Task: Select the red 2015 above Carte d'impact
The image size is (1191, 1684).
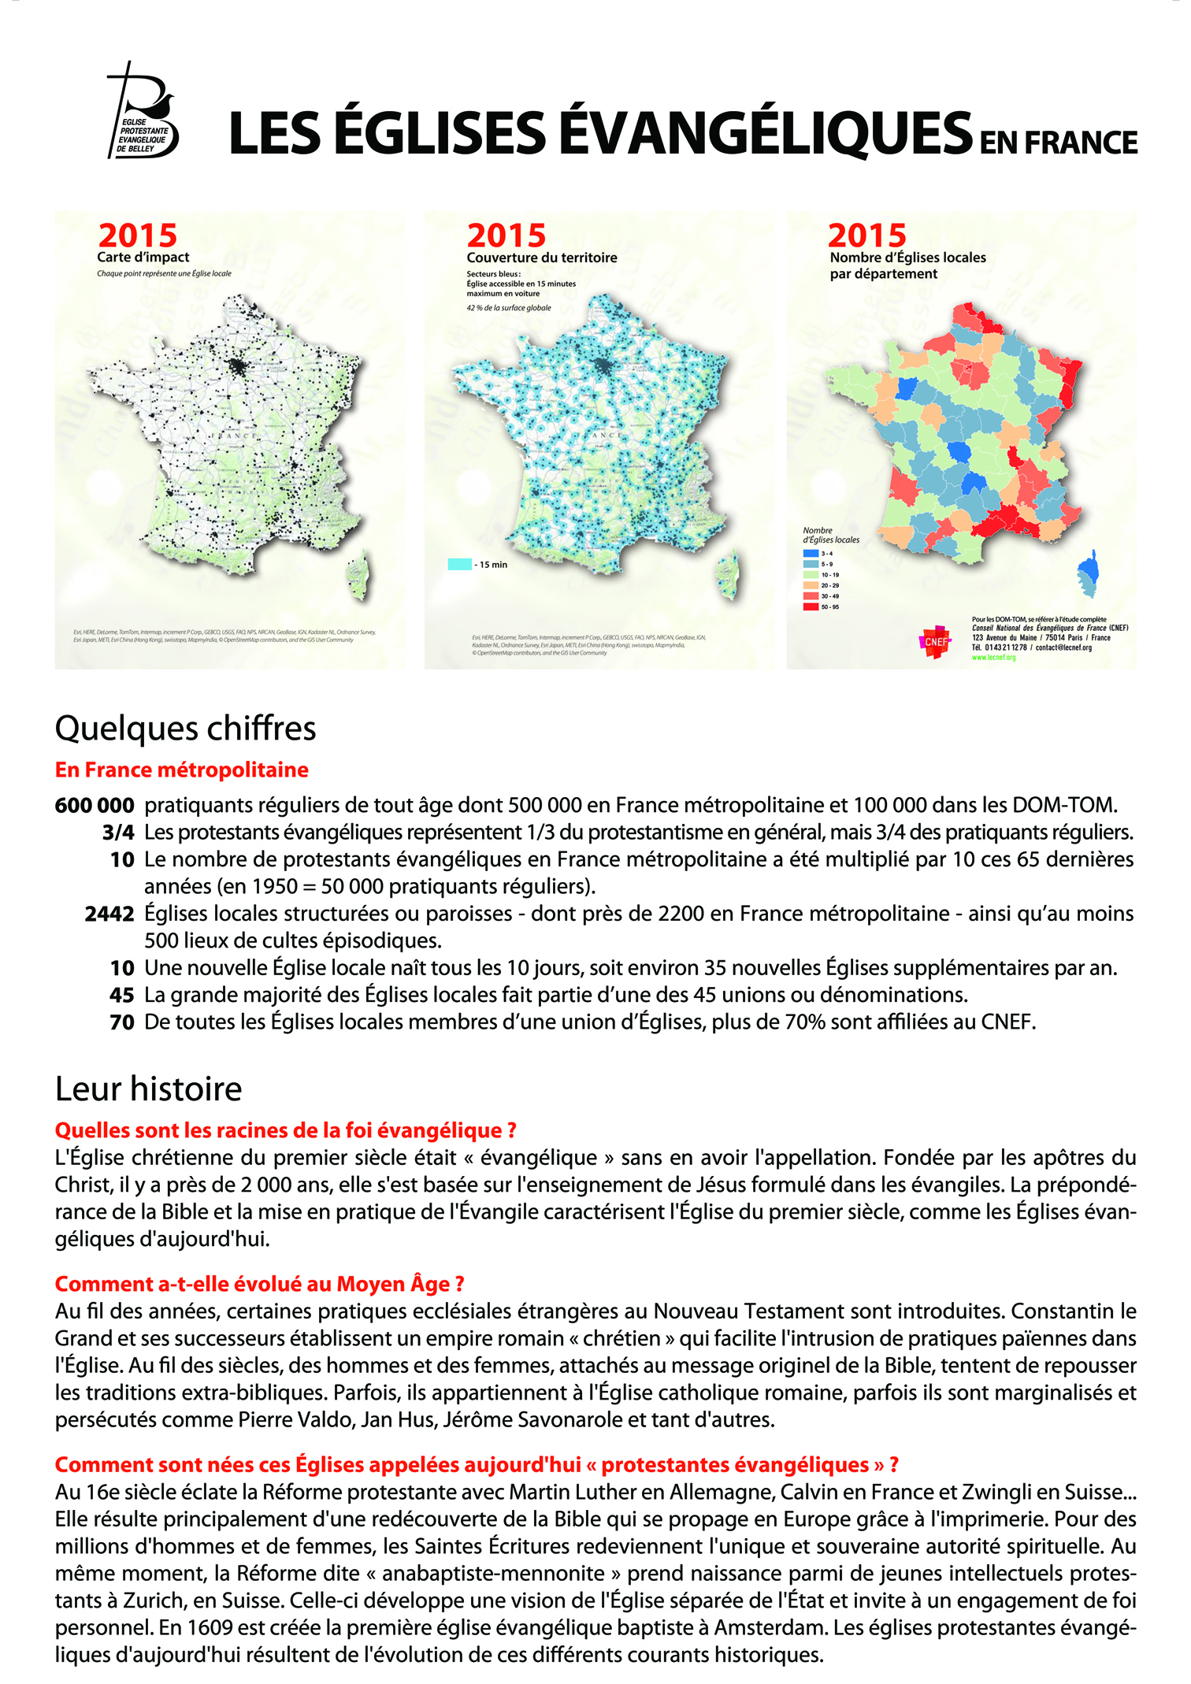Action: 138,236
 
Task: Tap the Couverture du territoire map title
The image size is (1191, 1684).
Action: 541,258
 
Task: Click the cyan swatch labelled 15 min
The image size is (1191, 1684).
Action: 459,564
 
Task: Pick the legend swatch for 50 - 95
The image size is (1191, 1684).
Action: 811,606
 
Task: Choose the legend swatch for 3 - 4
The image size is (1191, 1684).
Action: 811,553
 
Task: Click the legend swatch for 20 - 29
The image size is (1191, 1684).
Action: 811,585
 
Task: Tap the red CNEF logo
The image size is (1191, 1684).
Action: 936,641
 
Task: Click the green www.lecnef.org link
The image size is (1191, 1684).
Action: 993,657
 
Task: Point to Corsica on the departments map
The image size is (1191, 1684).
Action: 1089,573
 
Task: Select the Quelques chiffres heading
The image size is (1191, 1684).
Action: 185,729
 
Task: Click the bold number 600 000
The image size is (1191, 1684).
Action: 95,806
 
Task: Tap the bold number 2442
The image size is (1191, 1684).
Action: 109,914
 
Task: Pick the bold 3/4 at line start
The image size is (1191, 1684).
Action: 118,833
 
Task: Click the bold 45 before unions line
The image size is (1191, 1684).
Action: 122,995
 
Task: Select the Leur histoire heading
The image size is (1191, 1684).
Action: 148,1089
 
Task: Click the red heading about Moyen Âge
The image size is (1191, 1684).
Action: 259,1284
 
